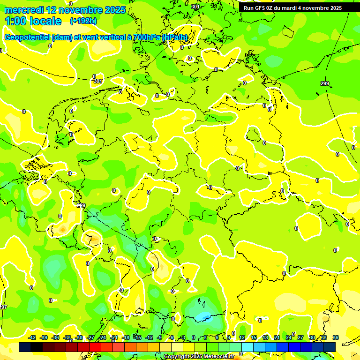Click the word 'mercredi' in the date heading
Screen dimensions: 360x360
pyautogui.click(x=24, y=10)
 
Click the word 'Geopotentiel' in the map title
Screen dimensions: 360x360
pyautogui.click(x=28, y=37)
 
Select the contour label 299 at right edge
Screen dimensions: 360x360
pyautogui.click(x=325, y=83)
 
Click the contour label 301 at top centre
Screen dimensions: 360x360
pyautogui.click(x=195, y=7)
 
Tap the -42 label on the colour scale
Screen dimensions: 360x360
pyautogui.click(x=32, y=337)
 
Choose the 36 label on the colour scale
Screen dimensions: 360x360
pyautogui.click(x=336, y=337)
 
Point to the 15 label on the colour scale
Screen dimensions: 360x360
pyautogui.click(x=253, y=337)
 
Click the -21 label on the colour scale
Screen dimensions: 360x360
pyautogui.click(x=114, y=337)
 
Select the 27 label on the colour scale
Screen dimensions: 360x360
pyautogui.click(x=300, y=337)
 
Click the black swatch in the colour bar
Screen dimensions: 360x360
pyautogui.click(x=25, y=347)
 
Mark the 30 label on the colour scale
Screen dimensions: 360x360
pyautogui.click(x=312, y=337)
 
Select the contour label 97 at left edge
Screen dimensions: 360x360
pyautogui.click(x=4, y=307)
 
